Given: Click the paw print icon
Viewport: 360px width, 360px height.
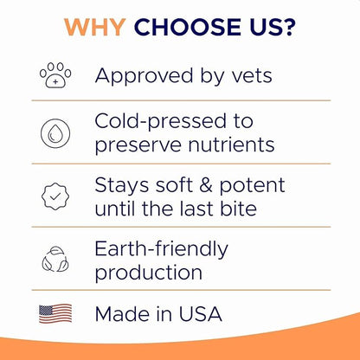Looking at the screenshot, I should point(55,76).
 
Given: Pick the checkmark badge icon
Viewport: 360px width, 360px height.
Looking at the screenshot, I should point(55,196).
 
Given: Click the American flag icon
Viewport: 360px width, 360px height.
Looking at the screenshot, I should point(55,313).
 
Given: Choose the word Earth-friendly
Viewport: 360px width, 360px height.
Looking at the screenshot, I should point(162,249).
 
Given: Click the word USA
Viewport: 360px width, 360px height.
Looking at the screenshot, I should point(200,313).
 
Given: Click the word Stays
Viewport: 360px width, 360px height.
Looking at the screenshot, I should point(121,184).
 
